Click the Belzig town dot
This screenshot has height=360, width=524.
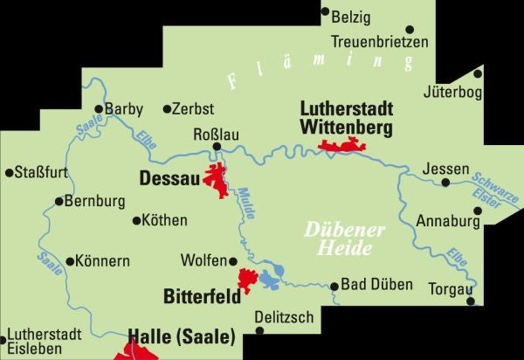(x=326, y=12)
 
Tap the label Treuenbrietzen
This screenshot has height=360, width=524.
(x=380, y=41)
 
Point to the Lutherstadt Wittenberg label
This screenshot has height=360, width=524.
(x=346, y=118)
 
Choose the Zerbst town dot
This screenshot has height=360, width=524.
(x=168, y=109)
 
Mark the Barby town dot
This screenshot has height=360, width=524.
(x=99, y=109)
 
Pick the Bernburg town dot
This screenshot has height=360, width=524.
(x=59, y=201)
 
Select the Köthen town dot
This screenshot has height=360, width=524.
(x=135, y=220)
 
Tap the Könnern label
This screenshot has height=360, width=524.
(x=103, y=260)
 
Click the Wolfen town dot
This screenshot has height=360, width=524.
(x=233, y=260)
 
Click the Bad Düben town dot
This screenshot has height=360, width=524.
(x=334, y=286)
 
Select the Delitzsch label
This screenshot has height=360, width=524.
(x=284, y=317)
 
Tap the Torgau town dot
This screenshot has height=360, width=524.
(x=472, y=301)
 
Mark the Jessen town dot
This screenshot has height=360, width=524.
(x=445, y=183)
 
